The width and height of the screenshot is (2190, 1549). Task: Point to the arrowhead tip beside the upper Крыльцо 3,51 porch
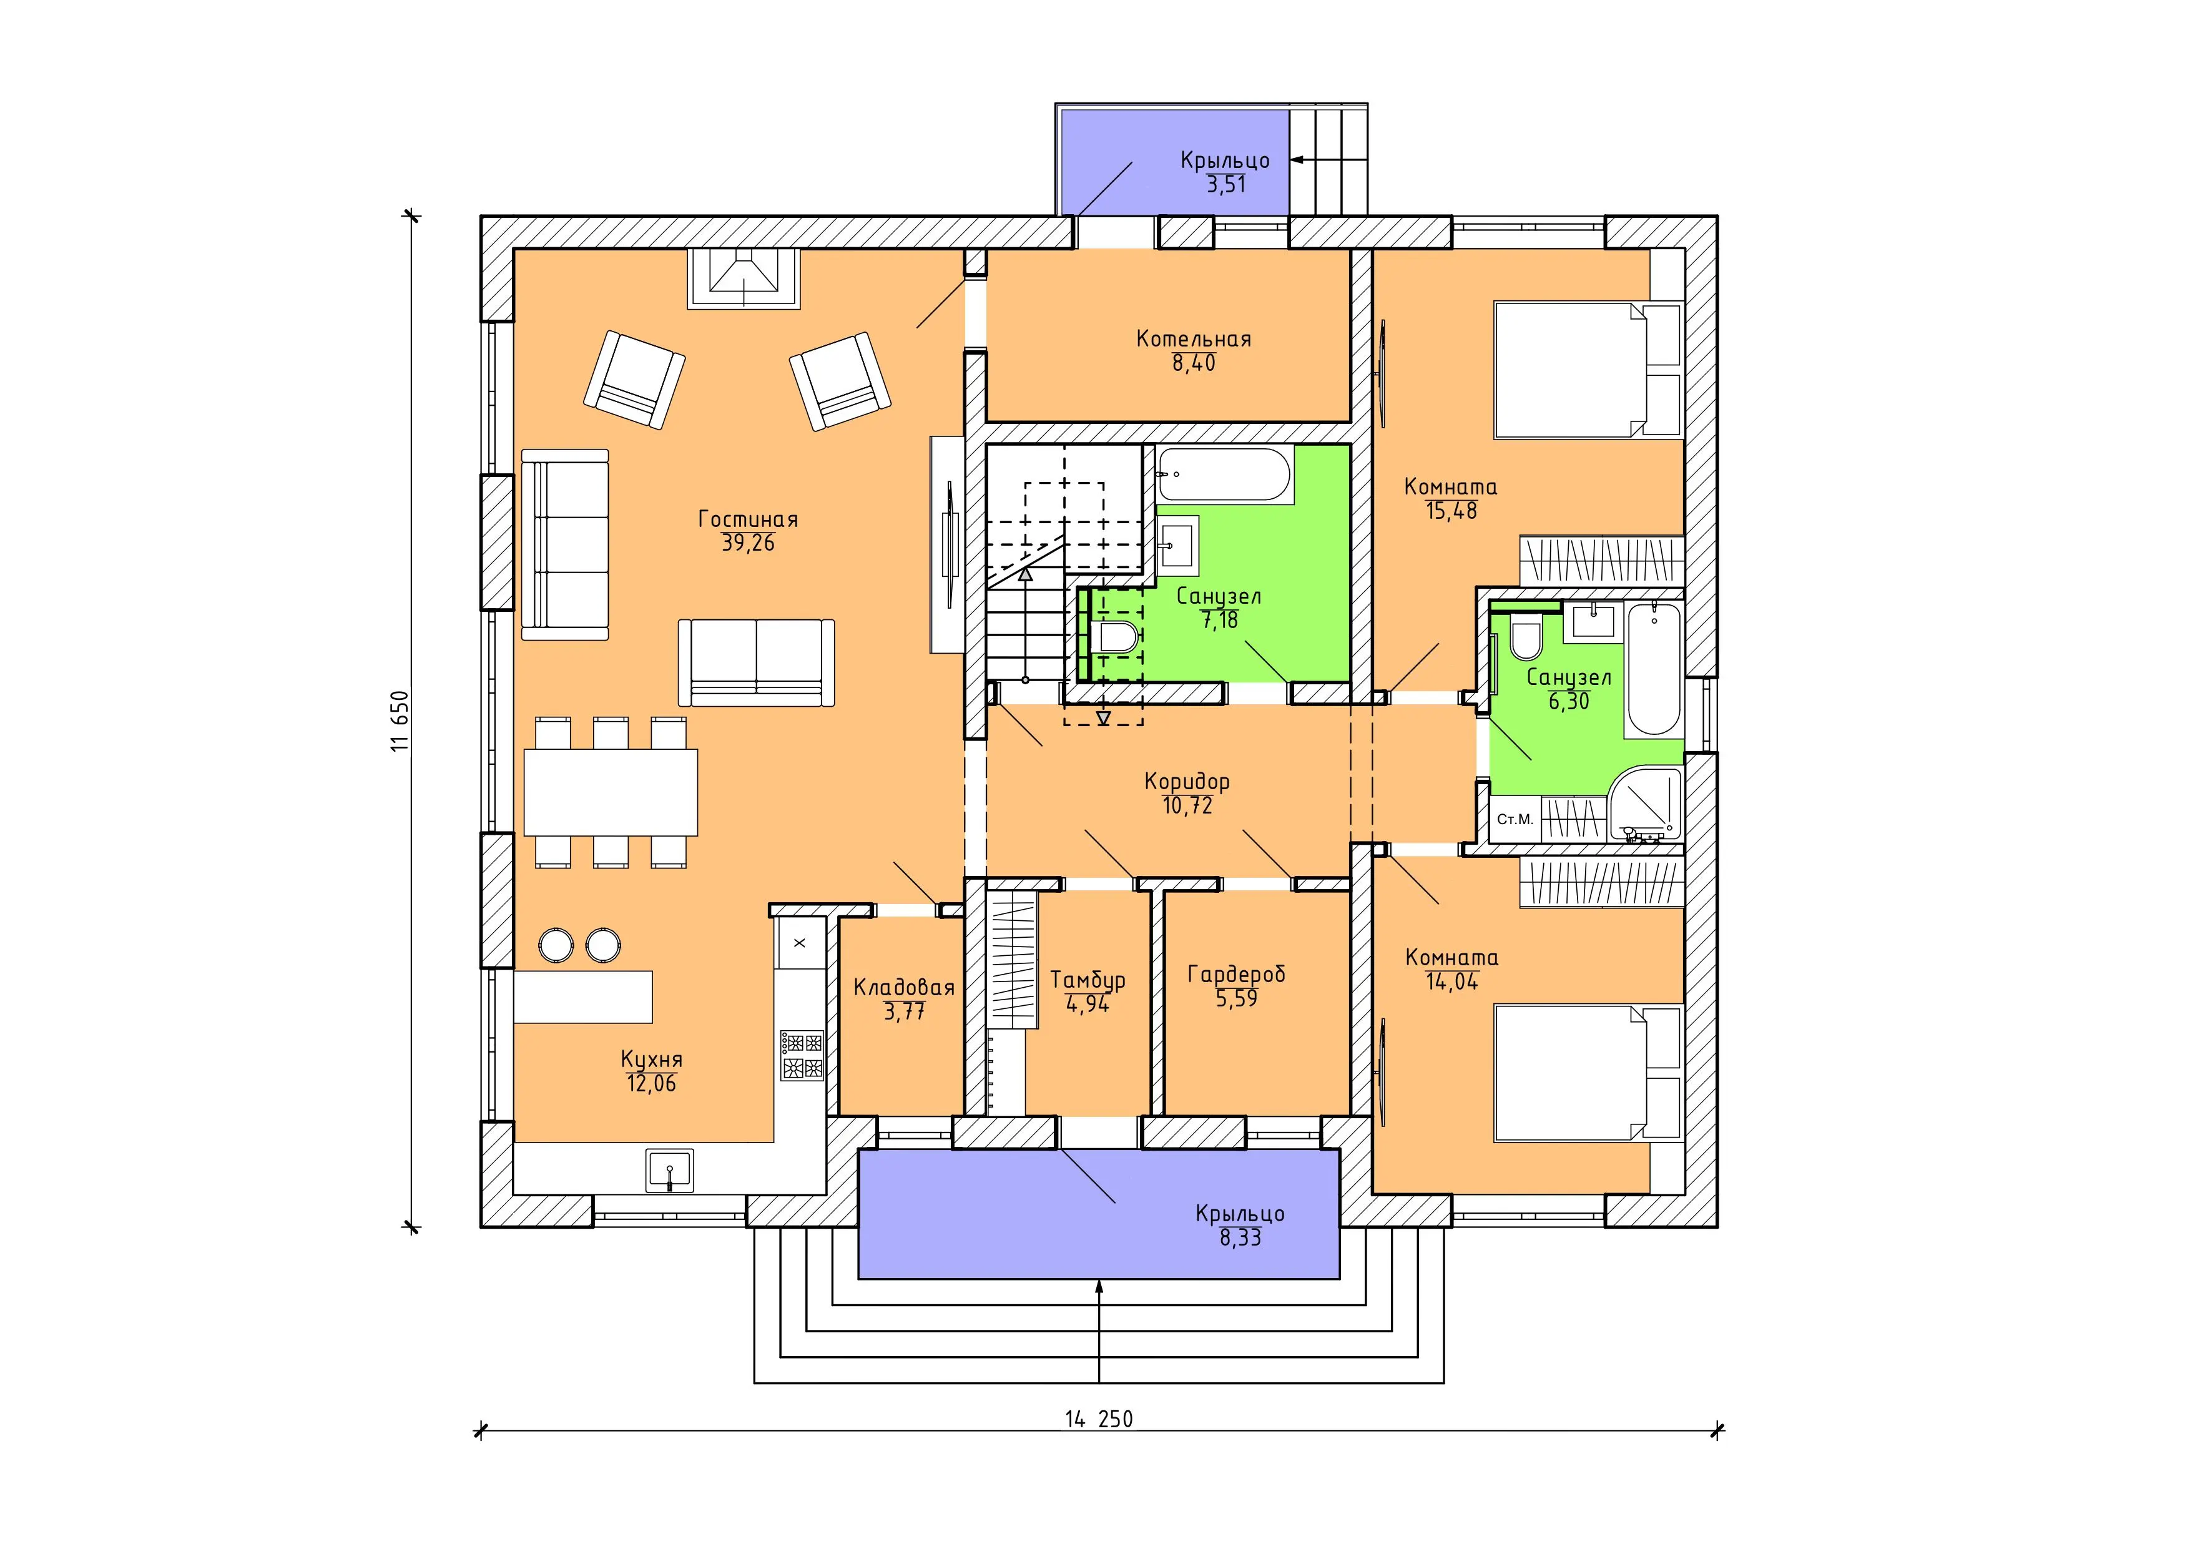[1292, 160]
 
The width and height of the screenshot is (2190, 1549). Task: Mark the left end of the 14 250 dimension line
[480, 1430]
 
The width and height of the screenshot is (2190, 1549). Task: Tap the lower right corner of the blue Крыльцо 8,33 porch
[1340, 1278]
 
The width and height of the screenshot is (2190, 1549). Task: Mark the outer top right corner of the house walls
[1717, 217]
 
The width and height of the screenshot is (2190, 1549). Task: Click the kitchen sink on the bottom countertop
[670, 1170]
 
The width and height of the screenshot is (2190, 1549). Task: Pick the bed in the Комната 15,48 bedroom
[1587, 370]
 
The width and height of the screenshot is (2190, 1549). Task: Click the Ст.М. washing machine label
[1515, 819]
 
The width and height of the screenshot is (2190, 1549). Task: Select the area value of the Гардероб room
[1236, 999]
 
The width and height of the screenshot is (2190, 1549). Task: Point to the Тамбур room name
[1088, 980]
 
